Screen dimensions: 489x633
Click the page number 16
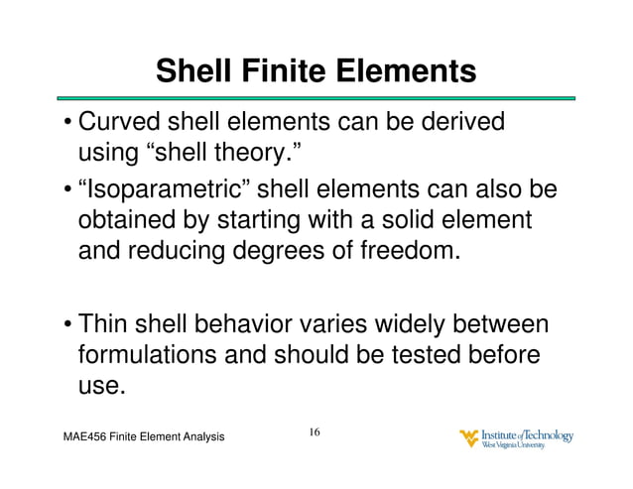315,433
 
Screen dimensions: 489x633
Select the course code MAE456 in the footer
86,437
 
